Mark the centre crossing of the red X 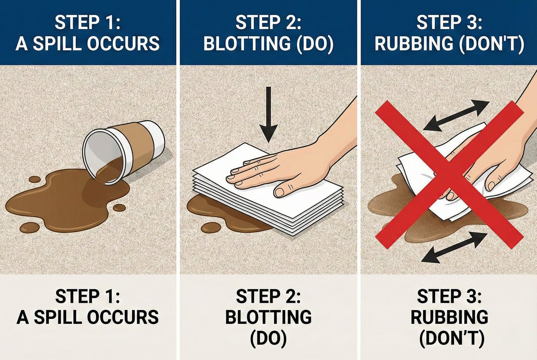(x=449, y=174)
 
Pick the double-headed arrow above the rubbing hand (x=456, y=116)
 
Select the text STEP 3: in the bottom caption (x=449, y=296)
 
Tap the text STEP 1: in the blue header (x=88, y=22)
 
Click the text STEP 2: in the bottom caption (x=268, y=296)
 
